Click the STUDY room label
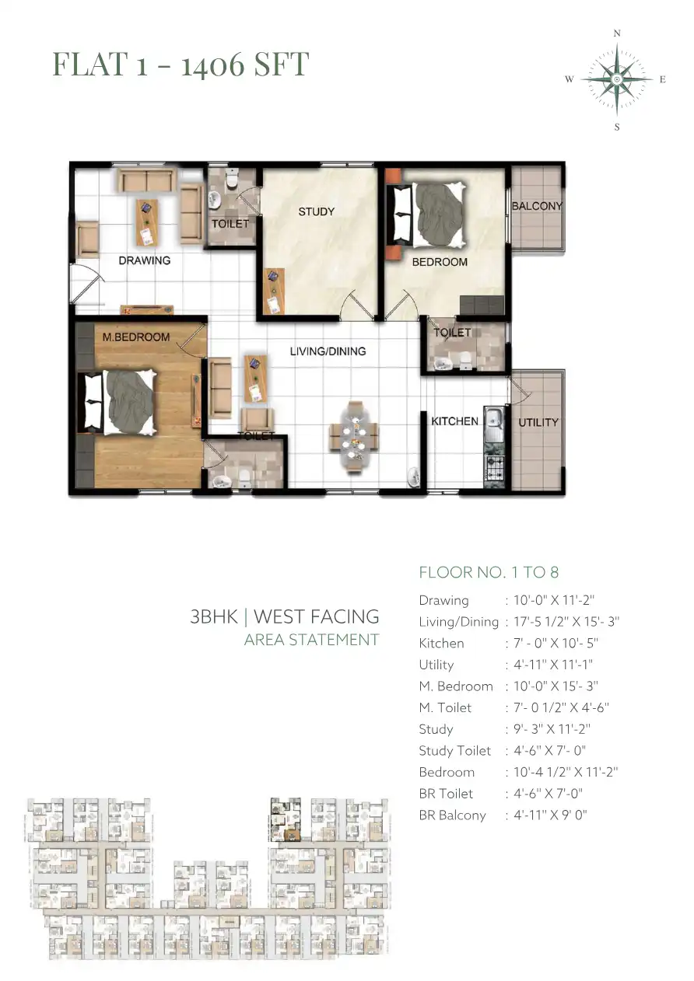(316, 212)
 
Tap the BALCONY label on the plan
(537, 206)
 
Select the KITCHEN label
(454, 421)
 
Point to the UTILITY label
(538, 423)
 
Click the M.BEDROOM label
(136, 337)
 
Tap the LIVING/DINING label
(328, 351)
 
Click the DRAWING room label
(145, 260)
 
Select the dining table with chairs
(353, 437)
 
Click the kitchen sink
(494, 424)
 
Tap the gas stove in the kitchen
(494, 468)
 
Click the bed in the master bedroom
(117, 403)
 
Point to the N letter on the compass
(617, 33)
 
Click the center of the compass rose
(617, 79)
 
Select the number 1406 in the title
(212, 65)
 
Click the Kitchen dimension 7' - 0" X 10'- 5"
(556, 644)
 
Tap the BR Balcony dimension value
(550, 815)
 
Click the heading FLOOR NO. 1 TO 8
(489, 572)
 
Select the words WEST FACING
(316, 616)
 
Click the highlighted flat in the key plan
(286, 819)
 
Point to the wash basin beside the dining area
(413, 477)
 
